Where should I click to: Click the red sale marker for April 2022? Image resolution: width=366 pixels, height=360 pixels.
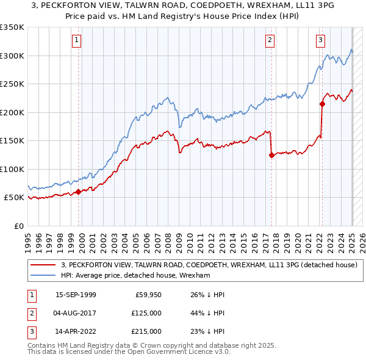pos(321,104)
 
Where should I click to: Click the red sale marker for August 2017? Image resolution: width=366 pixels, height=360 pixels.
pos(271,155)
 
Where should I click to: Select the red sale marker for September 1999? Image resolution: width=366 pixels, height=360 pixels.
pos(78,192)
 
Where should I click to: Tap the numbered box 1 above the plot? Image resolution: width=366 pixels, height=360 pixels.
pos(77,41)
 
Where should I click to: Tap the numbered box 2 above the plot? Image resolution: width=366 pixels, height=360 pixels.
pos(270,41)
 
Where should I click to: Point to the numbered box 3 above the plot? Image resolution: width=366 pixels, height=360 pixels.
pos(320,41)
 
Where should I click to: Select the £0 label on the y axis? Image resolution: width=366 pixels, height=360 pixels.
pos(19,226)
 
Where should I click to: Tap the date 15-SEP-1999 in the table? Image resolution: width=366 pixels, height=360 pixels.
pos(76,295)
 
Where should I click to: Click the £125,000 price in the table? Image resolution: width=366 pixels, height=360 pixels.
pos(147,313)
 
